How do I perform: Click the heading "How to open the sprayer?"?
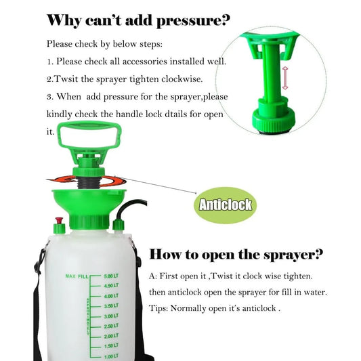click(236, 255)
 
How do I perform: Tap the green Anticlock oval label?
click(225, 204)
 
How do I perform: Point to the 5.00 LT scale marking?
click(112, 276)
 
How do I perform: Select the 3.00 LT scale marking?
click(112, 316)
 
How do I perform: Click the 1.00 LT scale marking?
click(112, 356)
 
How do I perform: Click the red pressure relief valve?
click(59, 221)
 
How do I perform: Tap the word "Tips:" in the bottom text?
click(161, 308)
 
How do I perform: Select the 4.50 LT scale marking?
click(112, 286)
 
